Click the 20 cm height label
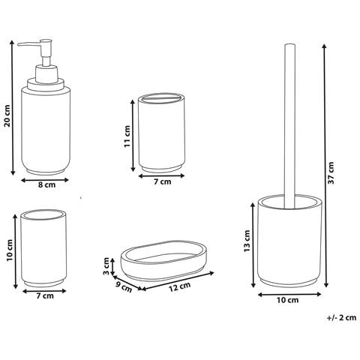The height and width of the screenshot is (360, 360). [x=7, y=115]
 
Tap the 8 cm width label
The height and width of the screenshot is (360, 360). [x=46, y=185]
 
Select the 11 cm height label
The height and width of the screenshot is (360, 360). [x=127, y=136]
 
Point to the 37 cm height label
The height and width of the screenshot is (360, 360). [x=331, y=172]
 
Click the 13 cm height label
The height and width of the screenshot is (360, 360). [x=247, y=241]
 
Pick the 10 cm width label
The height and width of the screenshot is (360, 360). [x=288, y=300]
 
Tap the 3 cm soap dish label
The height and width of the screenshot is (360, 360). [x=106, y=266]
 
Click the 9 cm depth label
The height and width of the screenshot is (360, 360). [x=124, y=286]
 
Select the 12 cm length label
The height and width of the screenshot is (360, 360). [x=180, y=287]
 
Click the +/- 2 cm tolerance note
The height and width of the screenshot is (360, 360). [x=341, y=318]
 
